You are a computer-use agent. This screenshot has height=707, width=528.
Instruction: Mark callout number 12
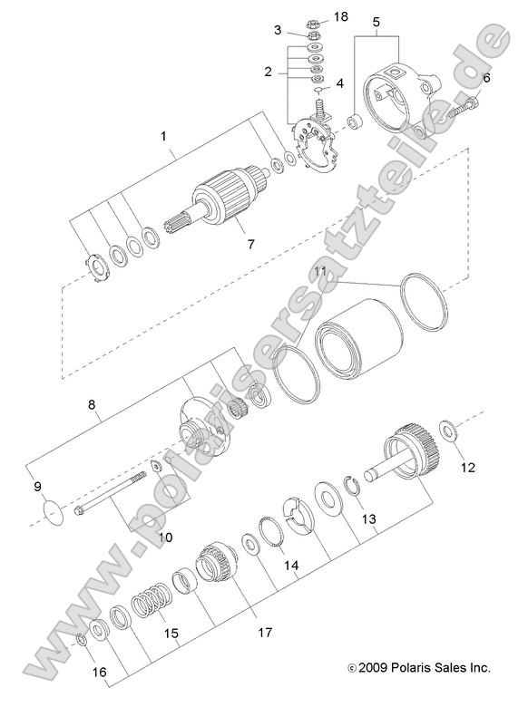(467, 468)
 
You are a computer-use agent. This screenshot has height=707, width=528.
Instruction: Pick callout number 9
(38, 487)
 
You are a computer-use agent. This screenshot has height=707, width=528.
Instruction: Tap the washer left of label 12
(448, 426)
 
